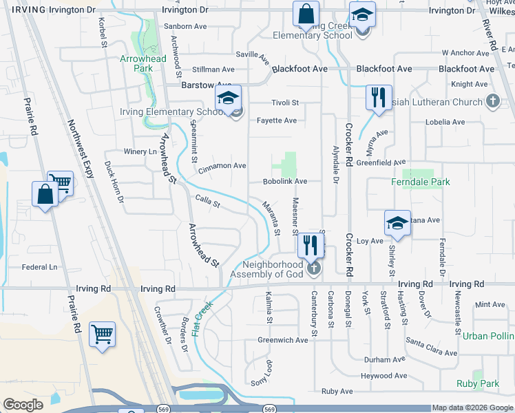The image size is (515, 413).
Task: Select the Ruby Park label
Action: tap(477, 383)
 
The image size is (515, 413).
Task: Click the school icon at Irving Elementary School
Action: tap(228, 98)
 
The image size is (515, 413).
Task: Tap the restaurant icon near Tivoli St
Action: tap(378, 98)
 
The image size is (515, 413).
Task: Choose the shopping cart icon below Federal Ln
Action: tap(102, 335)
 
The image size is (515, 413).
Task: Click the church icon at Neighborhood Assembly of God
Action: tap(314, 268)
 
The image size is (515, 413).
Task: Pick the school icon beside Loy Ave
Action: tap(397, 223)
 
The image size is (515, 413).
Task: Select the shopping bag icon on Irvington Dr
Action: tap(306, 14)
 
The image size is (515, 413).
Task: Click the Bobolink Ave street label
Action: tap(284, 182)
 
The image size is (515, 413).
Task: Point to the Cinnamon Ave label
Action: tap(222, 166)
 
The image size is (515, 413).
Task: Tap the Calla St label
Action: tap(207, 202)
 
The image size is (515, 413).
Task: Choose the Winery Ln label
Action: tap(140, 151)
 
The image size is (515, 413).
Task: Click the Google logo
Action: tap(23, 405)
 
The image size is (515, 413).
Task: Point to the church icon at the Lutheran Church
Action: tap(492, 102)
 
